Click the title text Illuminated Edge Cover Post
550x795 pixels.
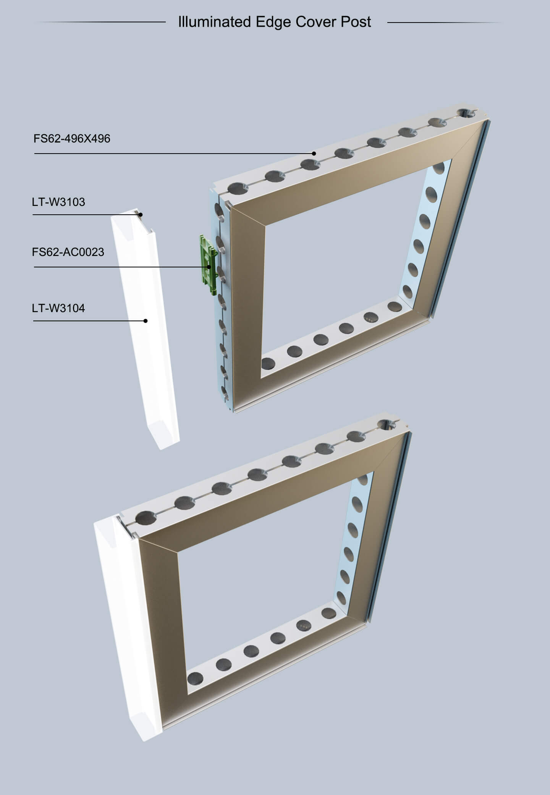click(x=275, y=22)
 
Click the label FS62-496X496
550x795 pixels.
click(x=72, y=138)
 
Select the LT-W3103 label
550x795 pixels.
click(x=58, y=202)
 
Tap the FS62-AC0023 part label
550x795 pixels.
click(x=68, y=252)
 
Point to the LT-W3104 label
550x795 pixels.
click(x=58, y=308)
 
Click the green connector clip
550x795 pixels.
click(x=208, y=265)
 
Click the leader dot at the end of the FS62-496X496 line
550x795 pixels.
click(x=314, y=154)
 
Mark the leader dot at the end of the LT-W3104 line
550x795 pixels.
click(x=146, y=321)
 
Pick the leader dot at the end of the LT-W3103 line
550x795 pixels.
click(x=141, y=215)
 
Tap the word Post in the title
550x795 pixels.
click(x=356, y=22)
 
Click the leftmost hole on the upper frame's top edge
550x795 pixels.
click(x=238, y=188)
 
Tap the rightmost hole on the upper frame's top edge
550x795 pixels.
click(x=466, y=113)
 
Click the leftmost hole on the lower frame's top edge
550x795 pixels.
click(x=146, y=517)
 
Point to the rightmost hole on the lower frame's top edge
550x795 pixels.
click(x=388, y=423)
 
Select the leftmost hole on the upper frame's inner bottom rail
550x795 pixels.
click(x=269, y=363)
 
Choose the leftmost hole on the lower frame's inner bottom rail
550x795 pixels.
click(x=196, y=678)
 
